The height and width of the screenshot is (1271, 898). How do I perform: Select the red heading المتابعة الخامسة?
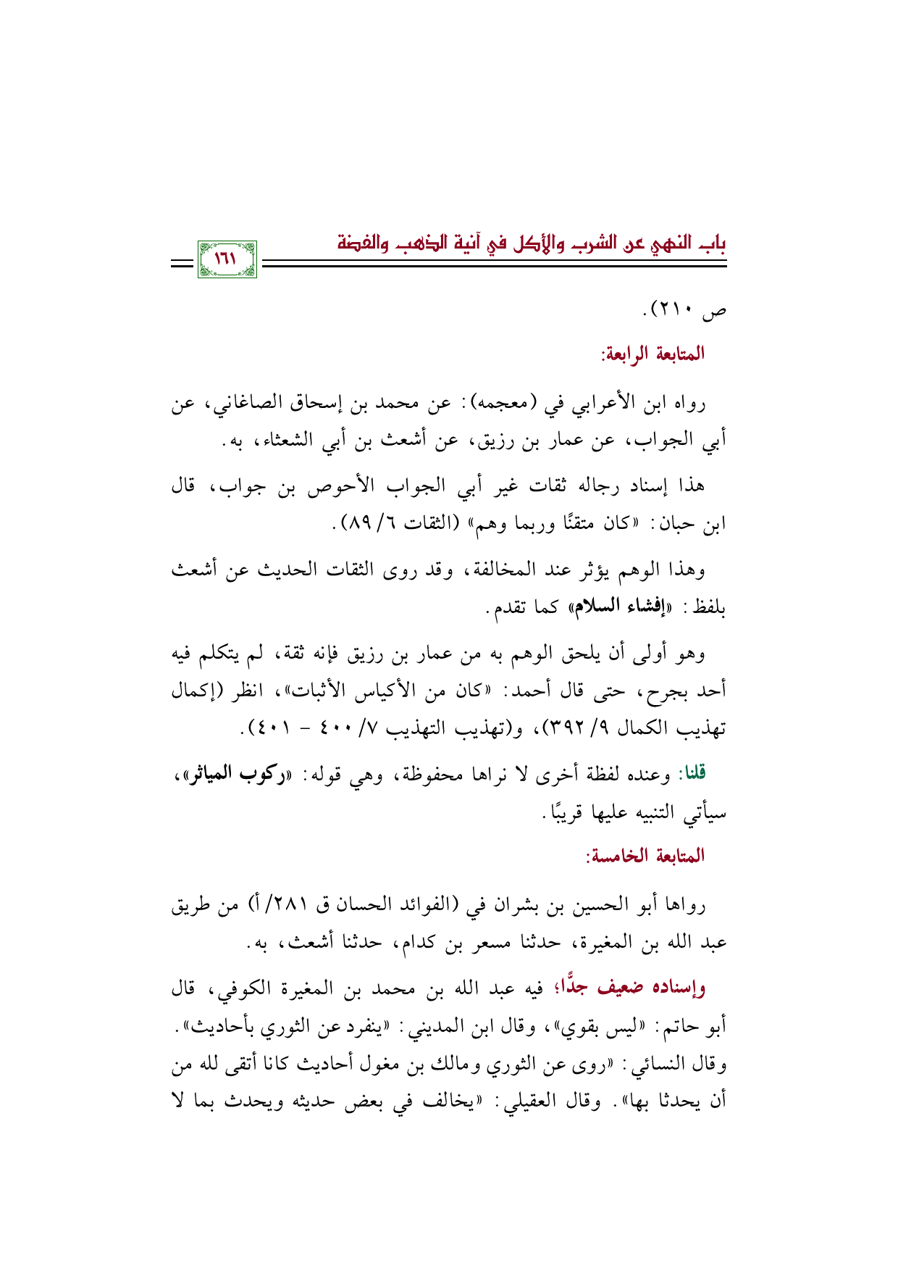tap(645, 856)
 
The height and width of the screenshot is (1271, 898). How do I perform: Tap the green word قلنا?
tap(691, 773)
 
